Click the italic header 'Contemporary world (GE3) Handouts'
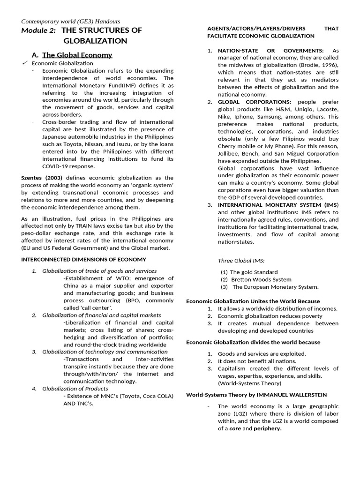point(71,21)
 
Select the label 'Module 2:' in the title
point(38,30)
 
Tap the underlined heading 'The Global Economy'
point(77,55)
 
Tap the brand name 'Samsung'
point(269,117)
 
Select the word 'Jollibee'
point(229,154)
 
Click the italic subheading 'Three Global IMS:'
point(241,261)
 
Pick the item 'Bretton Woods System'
point(261,279)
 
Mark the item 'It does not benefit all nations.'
point(257,361)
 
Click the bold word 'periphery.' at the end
point(268,428)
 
